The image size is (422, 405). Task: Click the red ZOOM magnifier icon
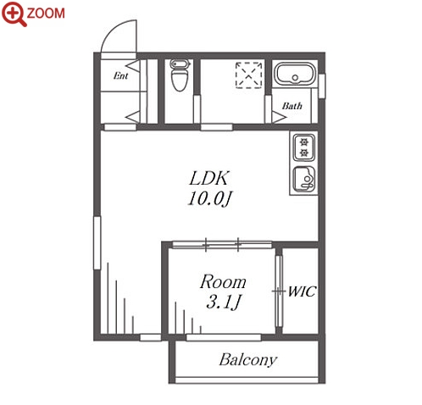click(x=14, y=14)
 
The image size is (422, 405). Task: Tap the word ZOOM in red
click(x=46, y=14)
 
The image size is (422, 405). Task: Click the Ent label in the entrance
click(x=120, y=75)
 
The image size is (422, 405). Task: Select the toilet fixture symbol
click(x=180, y=75)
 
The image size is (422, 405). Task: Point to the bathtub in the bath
click(x=295, y=74)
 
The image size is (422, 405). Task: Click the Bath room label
click(x=292, y=106)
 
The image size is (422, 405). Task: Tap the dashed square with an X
click(x=249, y=75)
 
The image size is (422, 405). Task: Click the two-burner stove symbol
click(x=303, y=147)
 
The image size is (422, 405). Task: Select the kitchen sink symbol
click(x=304, y=180)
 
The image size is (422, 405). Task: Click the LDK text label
click(x=208, y=179)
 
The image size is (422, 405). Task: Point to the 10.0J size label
click(x=209, y=198)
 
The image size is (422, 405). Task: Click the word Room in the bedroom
click(x=223, y=282)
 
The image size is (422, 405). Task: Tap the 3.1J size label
click(x=223, y=302)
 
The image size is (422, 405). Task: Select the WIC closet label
click(x=302, y=291)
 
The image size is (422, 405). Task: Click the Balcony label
click(x=248, y=360)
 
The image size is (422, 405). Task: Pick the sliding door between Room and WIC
click(x=279, y=291)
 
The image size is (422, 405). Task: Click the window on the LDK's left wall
click(x=97, y=243)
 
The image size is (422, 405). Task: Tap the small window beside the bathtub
click(x=322, y=86)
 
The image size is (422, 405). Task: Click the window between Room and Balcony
click(x=224, y=337)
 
